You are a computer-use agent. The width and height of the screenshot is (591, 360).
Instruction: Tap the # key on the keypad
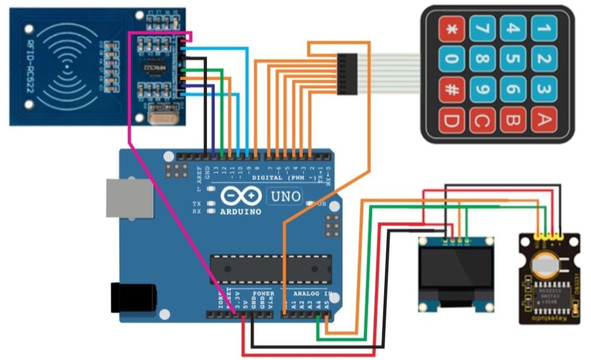[452, 90]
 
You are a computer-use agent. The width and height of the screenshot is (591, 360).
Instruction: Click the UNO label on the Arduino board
[285, 196]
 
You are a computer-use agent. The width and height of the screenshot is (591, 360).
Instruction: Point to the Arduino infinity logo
[242, 196]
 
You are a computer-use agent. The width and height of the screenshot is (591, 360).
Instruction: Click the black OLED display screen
[456, 273]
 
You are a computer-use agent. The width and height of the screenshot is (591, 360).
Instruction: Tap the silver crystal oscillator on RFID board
[164, 119]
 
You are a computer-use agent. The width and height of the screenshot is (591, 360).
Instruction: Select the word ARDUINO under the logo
[241, 211]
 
